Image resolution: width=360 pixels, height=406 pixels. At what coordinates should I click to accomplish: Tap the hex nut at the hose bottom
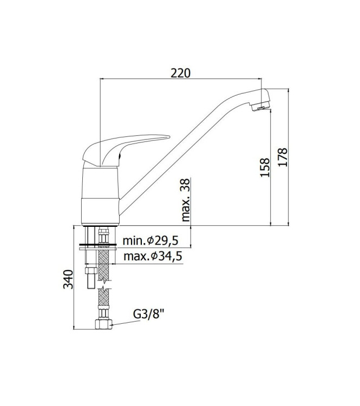(x=102, y=325)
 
